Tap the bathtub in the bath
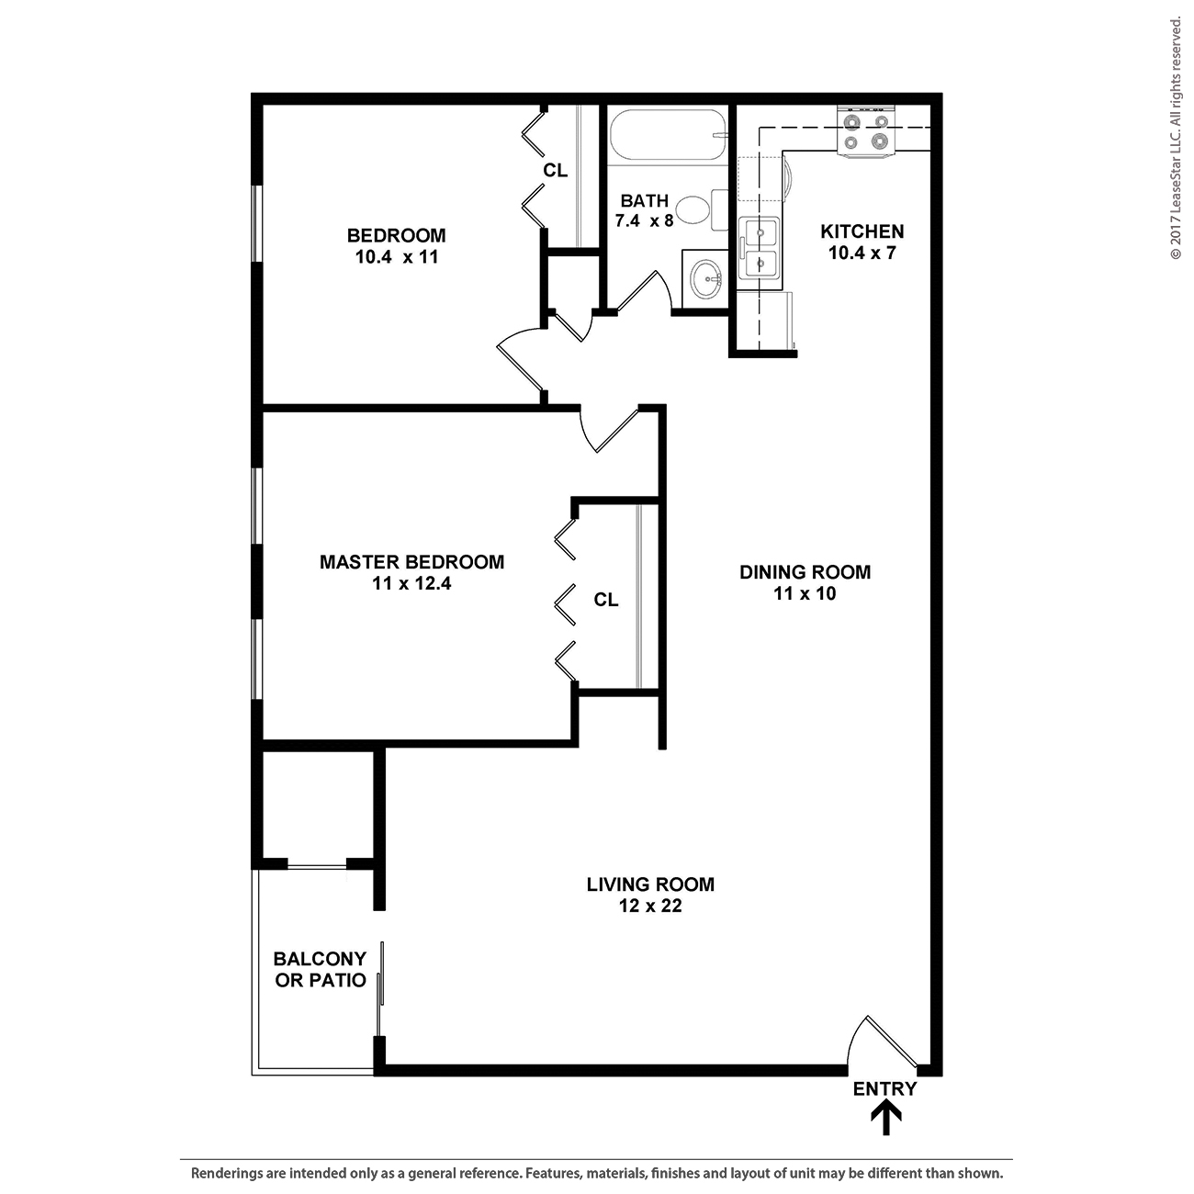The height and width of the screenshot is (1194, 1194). pos(668,136)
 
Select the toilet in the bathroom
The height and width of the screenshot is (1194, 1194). pos(701,210)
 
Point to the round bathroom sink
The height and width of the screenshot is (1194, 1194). pos(706,279)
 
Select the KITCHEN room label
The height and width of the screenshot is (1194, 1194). pos(862,231)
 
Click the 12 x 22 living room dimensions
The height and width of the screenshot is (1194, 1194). pos(650,906)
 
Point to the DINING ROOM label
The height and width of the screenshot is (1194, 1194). pos(805,572)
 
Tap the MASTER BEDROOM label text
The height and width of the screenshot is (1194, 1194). pos(412,562)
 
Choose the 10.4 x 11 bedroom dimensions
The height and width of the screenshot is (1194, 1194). pos(397,256)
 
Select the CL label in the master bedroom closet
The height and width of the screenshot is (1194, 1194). pos(606,599)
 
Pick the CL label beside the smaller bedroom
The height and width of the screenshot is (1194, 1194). pos(555,171)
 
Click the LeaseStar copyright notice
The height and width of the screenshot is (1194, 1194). pos(1176,139)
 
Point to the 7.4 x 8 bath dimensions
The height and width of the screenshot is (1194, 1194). pos(644,220)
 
